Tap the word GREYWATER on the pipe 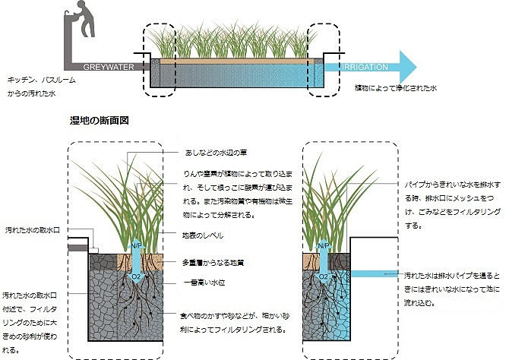point(108,67)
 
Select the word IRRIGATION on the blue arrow point(365,67)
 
